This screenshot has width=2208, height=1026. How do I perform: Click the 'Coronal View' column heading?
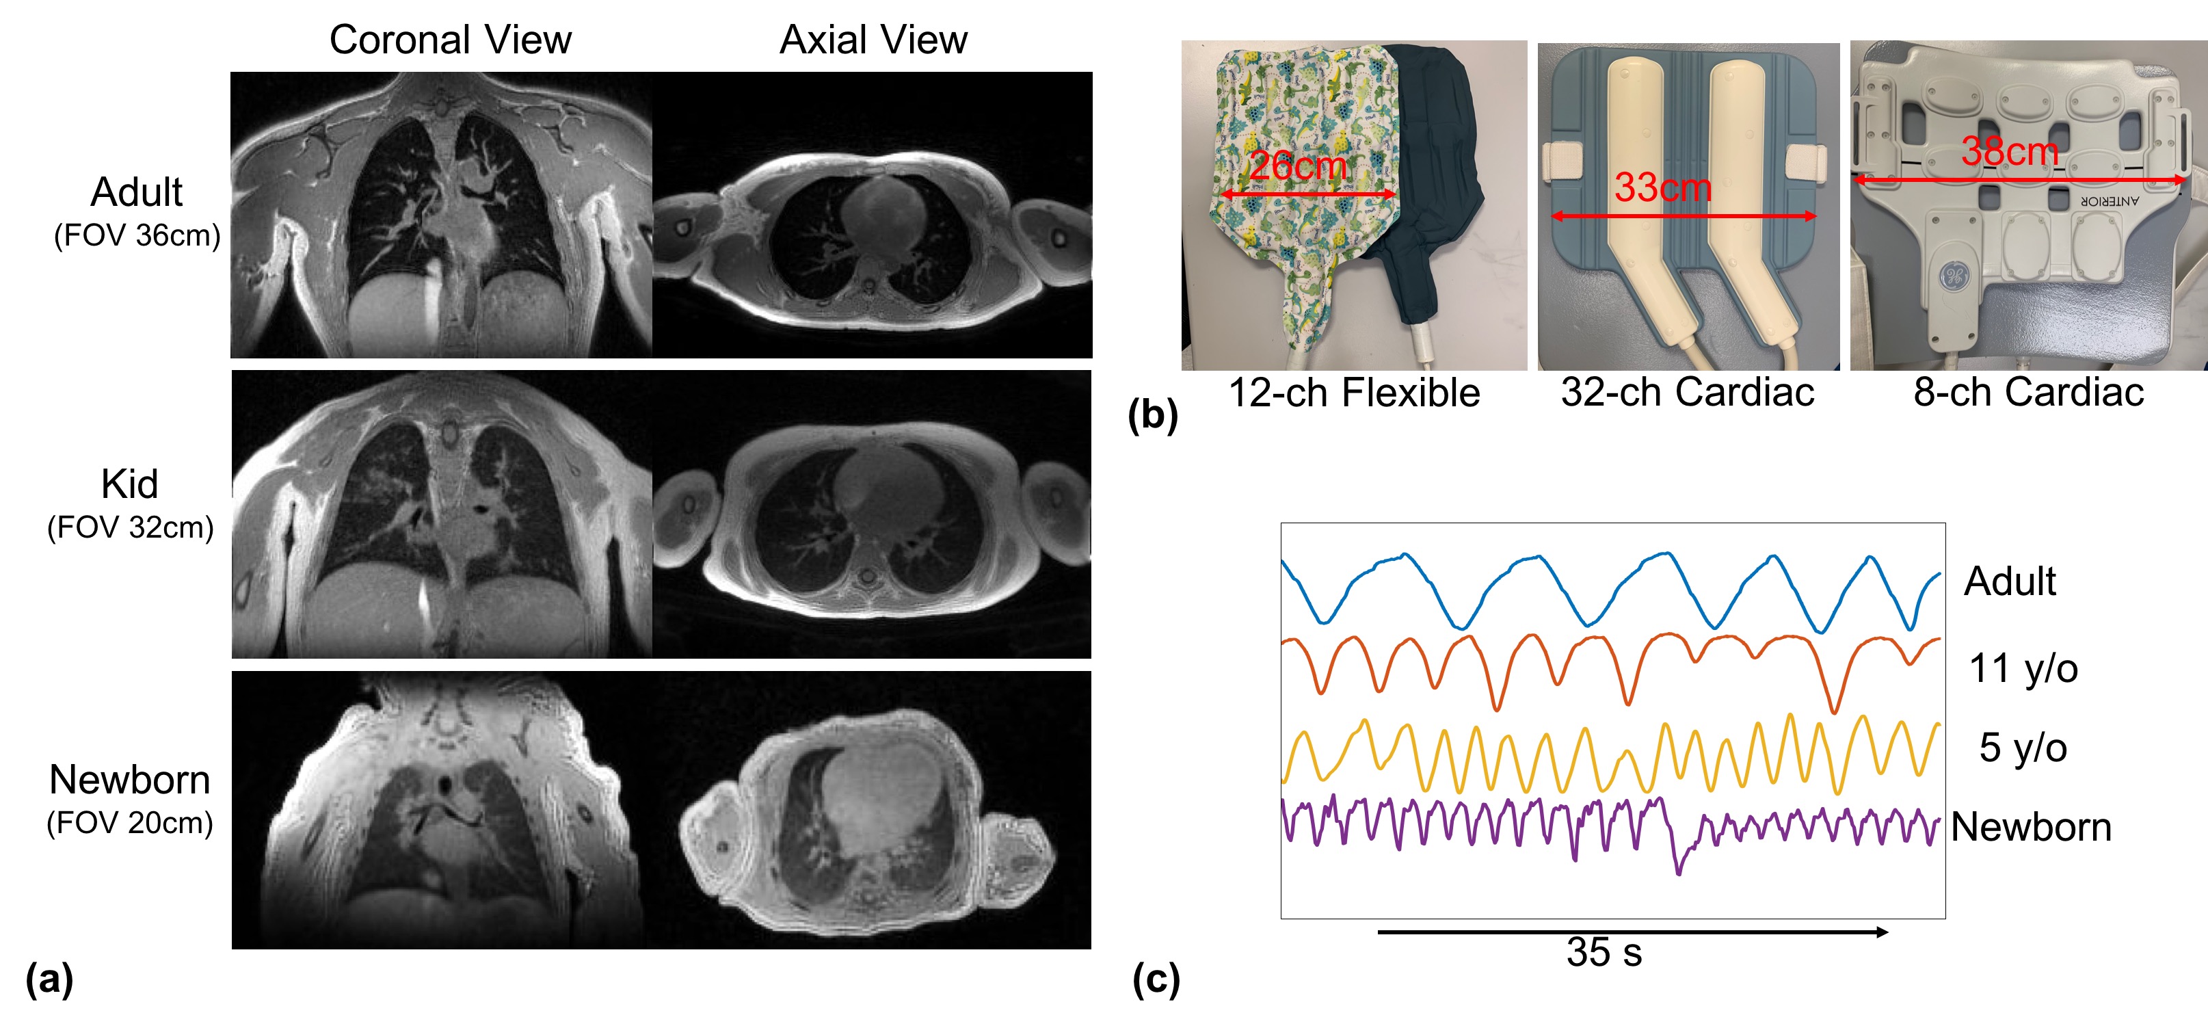click(450, 40)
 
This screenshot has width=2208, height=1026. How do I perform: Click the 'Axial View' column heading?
click(873, 40)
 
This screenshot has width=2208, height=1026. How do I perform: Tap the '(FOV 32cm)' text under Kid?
click(131, 527)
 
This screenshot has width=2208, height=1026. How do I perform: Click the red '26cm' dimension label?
click(1297, 166)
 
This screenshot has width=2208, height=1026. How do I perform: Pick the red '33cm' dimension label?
click(1663, 187)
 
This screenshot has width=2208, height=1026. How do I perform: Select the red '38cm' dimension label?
click(2009, 152)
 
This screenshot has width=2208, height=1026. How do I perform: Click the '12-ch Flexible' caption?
click(1355, 393)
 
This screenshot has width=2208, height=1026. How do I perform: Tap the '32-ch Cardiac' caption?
click(1687, 393)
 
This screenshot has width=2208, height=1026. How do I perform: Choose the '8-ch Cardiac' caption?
click(2028, 393)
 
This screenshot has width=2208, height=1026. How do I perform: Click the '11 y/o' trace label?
click(2023, 668)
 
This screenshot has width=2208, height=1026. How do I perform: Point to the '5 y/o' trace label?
click(2023, 748)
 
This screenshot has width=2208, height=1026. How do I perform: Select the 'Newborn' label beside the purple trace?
click(2031, 827)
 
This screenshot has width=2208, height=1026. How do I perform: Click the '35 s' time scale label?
click(1604, 952)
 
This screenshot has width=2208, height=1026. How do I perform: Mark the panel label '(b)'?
click(1153, 416)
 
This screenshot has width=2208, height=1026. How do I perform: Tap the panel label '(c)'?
click(1156, 979)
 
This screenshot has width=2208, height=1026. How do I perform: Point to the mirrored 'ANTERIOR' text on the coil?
click(2110, 200)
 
